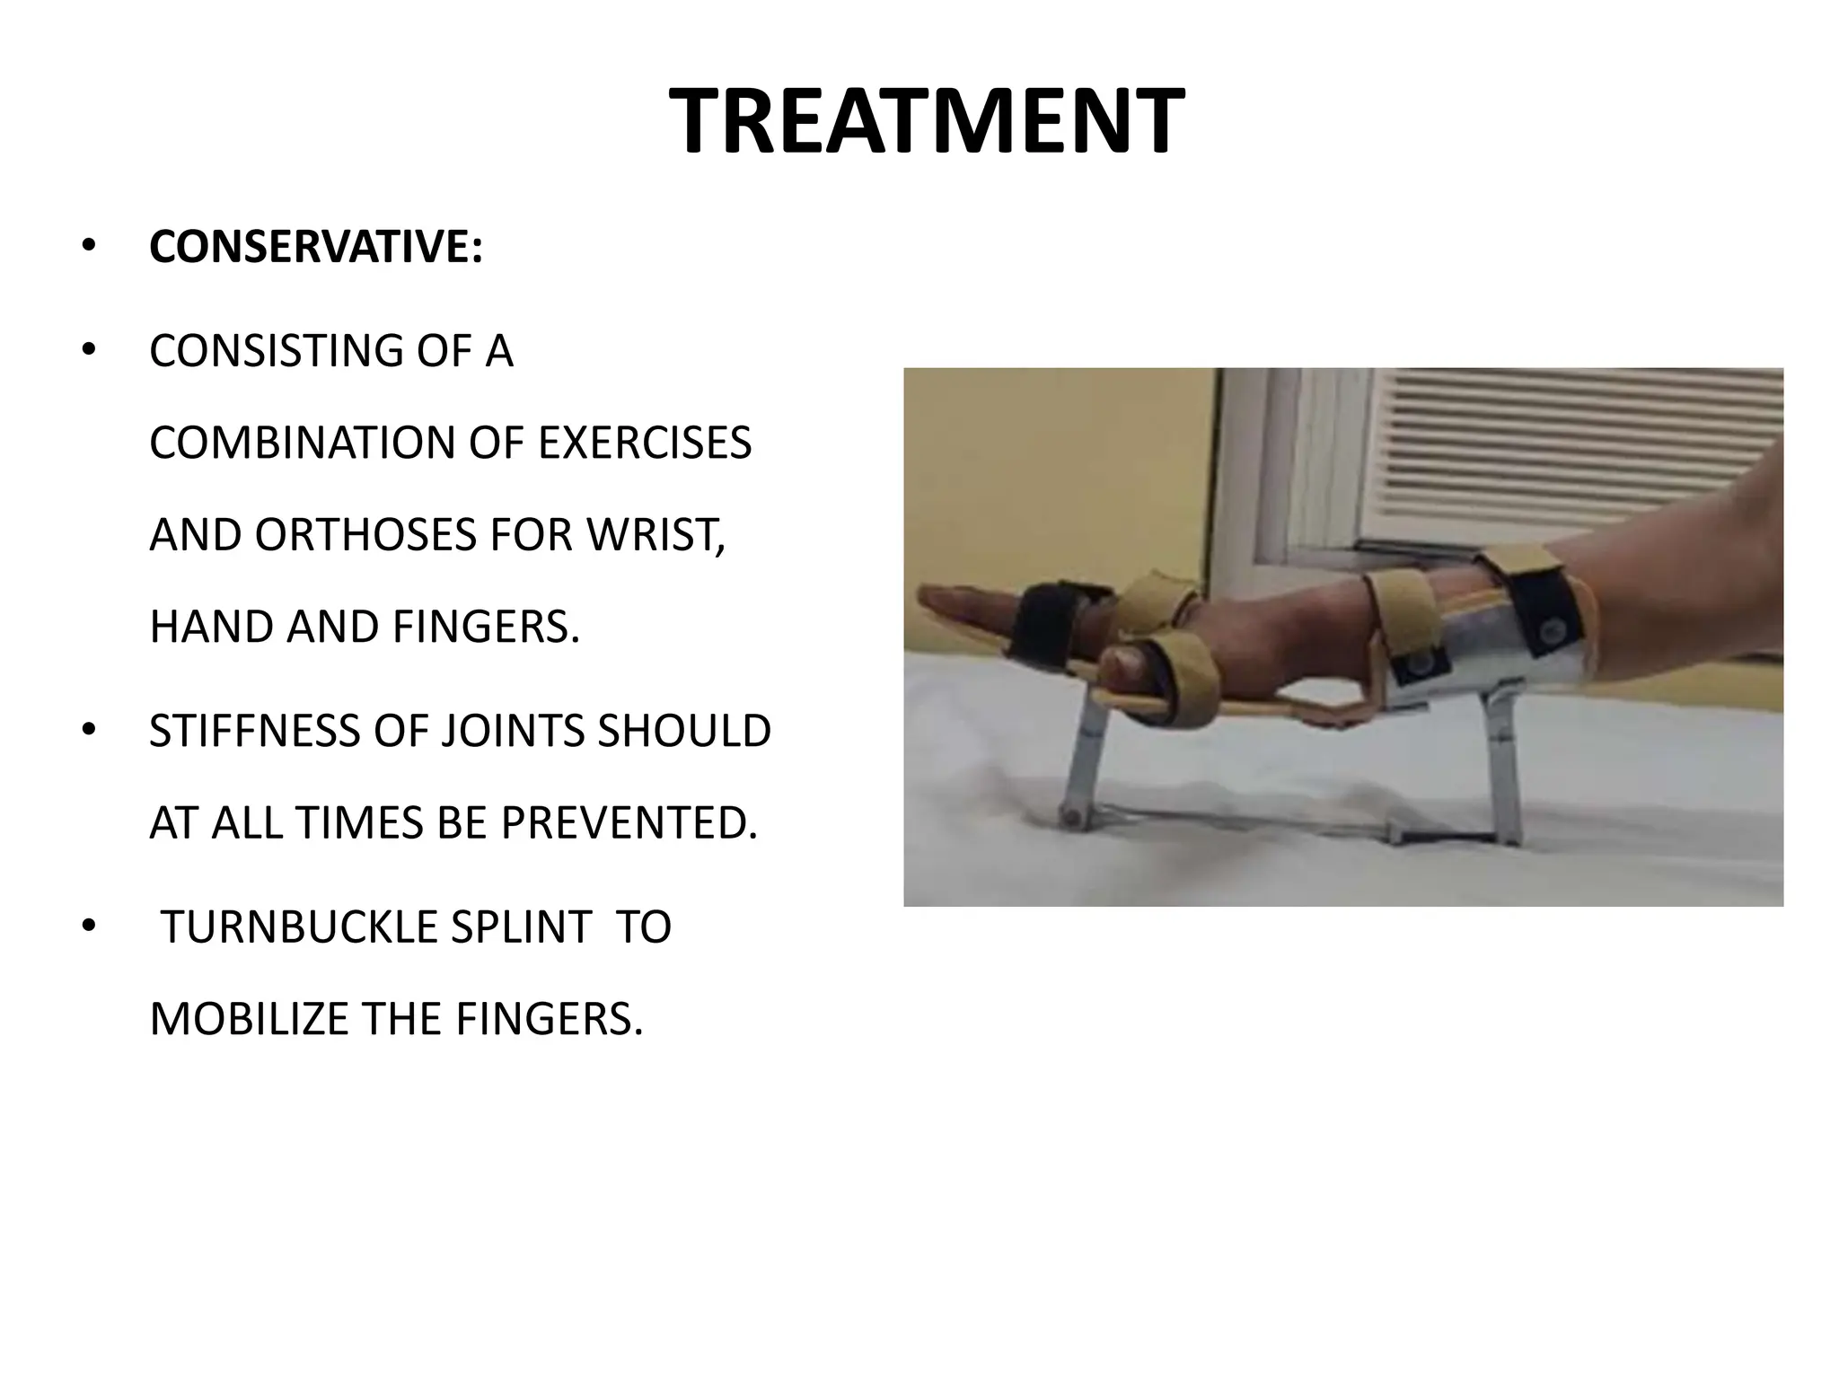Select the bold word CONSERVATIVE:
316,247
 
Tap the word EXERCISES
645,443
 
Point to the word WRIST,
656,535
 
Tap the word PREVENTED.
629,822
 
